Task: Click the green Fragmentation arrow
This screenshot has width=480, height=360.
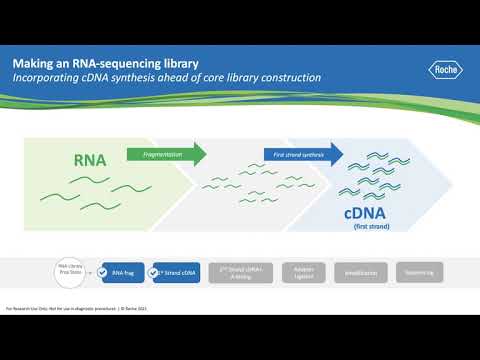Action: coord(166,154)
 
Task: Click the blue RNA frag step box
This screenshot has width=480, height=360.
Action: coord(125,270)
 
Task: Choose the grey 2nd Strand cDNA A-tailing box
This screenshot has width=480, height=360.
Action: coord(238,270)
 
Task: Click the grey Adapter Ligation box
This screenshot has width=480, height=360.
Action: coord(296,270)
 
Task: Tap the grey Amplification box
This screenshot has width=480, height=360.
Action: coord(354,270)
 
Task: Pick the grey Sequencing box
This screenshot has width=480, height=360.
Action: coord(412,270)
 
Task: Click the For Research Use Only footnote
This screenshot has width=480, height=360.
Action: coord(60,307)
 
